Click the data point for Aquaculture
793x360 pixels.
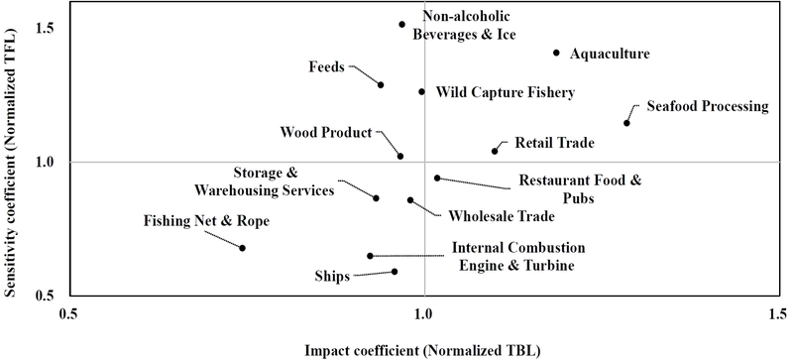click(x=556, y=54)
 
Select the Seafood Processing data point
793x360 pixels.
click(x=626, y=123)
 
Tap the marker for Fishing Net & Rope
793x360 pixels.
click(x=242, y=248)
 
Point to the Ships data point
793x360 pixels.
click(x=395, y=272)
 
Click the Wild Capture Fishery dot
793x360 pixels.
click(x=421, y=92)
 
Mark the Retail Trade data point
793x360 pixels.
click(x=495, y=151)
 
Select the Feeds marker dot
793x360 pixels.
click(x=381, y=85)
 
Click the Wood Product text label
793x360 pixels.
click(x=325, y=132)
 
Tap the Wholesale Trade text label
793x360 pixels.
click(x=501, y=215)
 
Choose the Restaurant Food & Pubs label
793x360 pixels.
click(x=580, y=188)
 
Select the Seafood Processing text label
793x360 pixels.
click(x=707, y=106)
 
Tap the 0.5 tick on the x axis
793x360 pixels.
click(x=68, y=313)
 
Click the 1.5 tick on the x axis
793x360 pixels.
click(x=778, y=313)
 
